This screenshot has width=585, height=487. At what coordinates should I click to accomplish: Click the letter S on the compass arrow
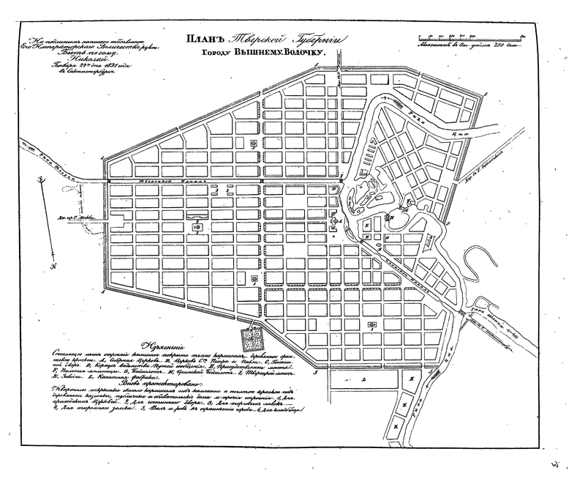click(x=42, y=179)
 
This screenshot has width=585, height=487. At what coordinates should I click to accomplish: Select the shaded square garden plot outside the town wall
click(x=256, y=338)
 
